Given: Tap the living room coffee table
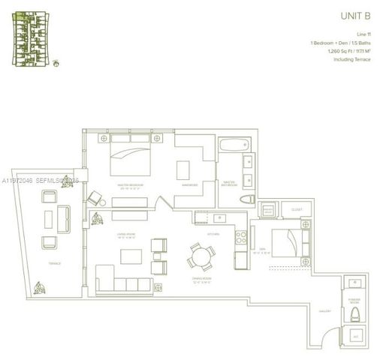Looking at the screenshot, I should pyautogui.click(x=131, y=256).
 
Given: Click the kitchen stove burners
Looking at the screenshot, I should pyautogui.click(x=240, y=239).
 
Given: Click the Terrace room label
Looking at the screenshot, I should pyautogui.click(x=54, y=263).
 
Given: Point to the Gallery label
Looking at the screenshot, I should pyautogui.click(x=324, y=310).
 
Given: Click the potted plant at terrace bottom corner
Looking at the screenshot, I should pyautogui.click(x=40, y=287).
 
